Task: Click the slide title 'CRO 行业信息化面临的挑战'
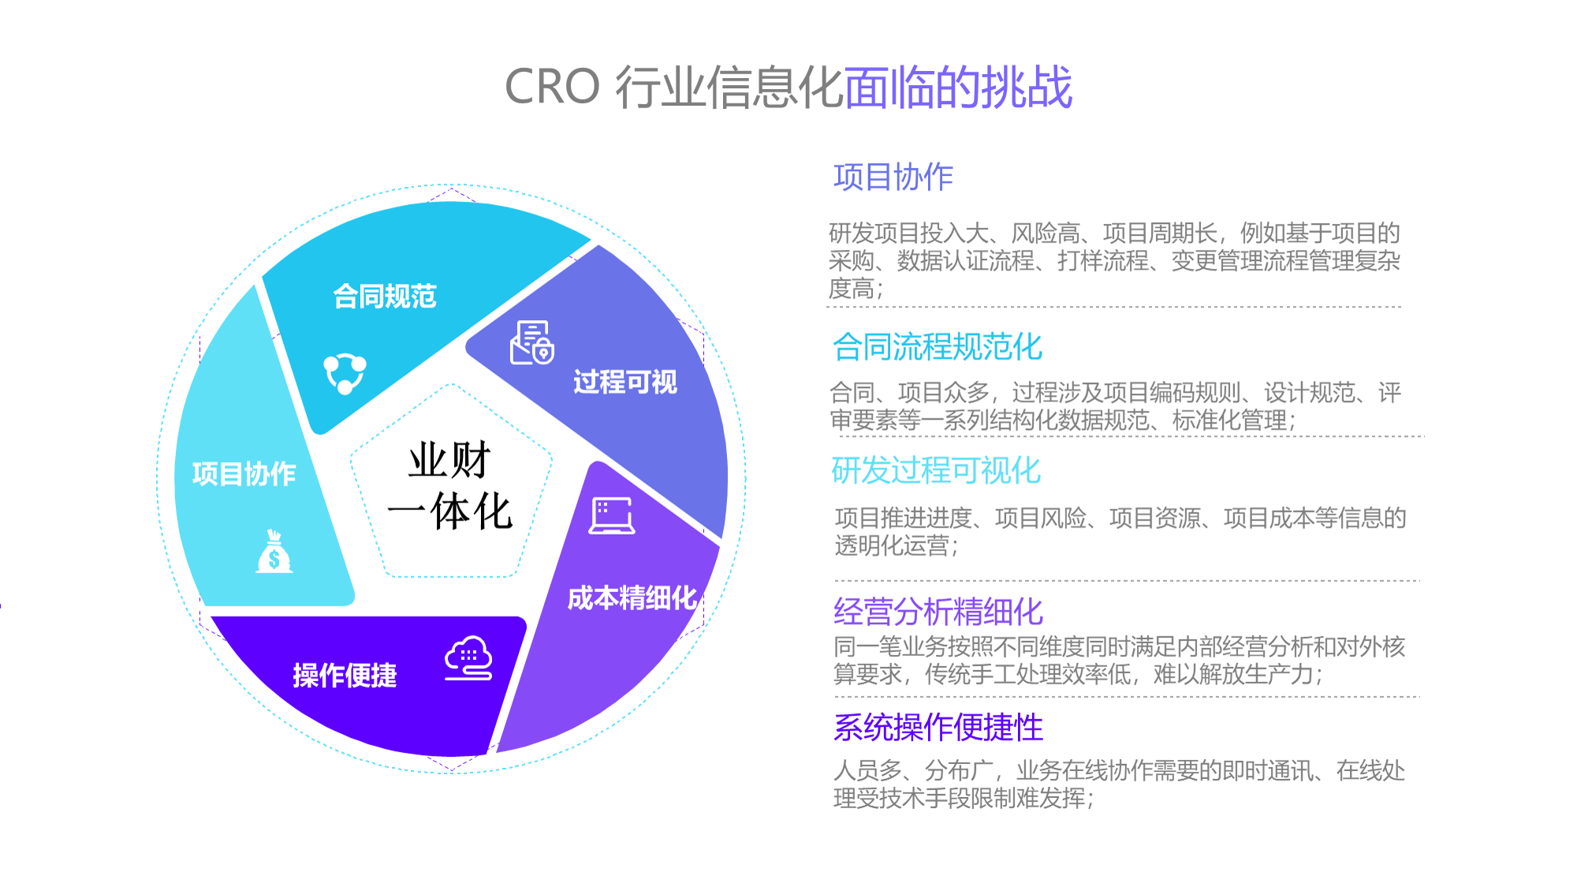coord(788,87)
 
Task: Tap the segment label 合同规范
coord(385,296)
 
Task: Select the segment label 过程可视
coord(625,382)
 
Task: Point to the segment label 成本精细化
coord(632,598)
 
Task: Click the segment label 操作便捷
coord(345,675)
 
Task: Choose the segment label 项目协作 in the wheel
coord(244,473)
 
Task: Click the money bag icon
coord(274,551)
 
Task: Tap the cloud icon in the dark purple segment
coord(469,658)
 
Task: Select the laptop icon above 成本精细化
coord(612,516)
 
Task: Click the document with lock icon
coord(532,342)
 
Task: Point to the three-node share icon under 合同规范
coord(345,373)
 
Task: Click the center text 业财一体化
coord(450,486)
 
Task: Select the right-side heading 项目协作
coord(893,177)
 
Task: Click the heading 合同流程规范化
coord(938,347)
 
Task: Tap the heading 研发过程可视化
coord(936,471)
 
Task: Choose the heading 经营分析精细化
coord(938,612)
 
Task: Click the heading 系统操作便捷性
coord(938,727)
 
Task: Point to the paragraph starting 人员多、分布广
coord(1120,785)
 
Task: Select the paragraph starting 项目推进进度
coord(1120,531)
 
